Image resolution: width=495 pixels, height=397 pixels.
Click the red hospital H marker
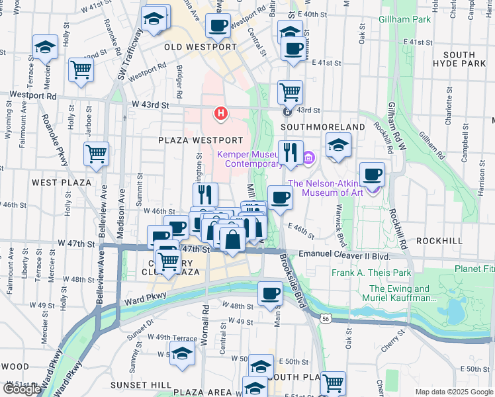[220, 114]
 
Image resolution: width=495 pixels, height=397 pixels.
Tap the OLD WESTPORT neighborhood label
[201, 48]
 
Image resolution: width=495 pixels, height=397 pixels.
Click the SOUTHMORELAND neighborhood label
[323, 126]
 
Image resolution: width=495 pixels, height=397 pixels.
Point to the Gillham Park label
[405, 19]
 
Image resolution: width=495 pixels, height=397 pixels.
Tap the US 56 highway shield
[325, 319]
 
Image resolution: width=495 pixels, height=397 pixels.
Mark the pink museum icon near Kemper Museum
[308, 157]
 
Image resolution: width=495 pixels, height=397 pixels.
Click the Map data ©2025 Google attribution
[453, 392]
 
